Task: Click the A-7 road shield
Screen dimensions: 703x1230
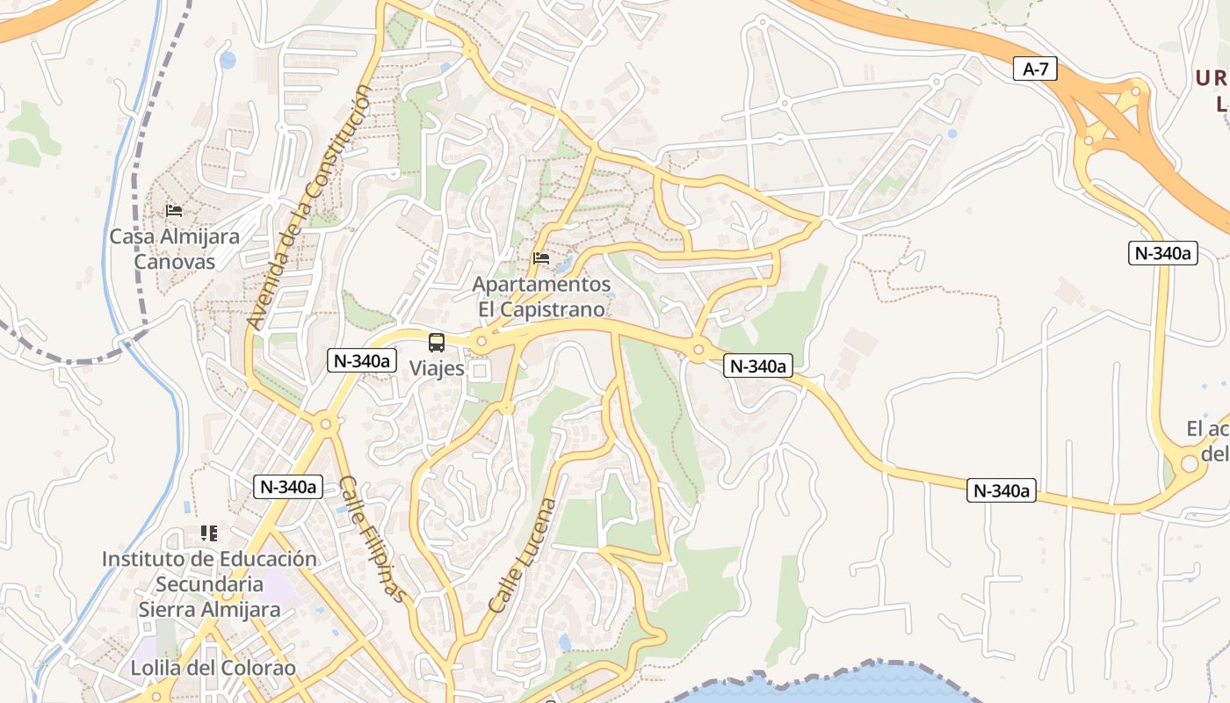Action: pos(1036,69)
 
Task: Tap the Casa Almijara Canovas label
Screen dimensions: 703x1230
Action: pos(174,249)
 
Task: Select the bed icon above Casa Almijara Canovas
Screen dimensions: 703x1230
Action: pos(174,211)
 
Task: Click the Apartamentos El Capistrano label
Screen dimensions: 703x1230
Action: pos(541,297)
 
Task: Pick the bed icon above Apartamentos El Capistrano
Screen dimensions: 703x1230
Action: pos(541,258)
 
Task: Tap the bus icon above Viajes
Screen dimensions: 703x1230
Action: pos(437,343)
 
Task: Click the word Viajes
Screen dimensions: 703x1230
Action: pos(437,368)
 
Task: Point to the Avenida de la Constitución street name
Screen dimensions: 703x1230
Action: pos(309,207)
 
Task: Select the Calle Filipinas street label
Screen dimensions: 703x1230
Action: pos(373,539)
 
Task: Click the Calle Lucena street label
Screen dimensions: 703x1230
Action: pos(523,555)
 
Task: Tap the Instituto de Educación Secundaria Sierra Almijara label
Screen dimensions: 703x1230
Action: pos(209,584)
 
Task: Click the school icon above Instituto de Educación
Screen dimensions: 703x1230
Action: pos(209,533)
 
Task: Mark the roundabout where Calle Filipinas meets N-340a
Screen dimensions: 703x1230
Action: pos(326,424)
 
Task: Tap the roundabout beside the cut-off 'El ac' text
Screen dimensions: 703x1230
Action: pos(1189,461)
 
